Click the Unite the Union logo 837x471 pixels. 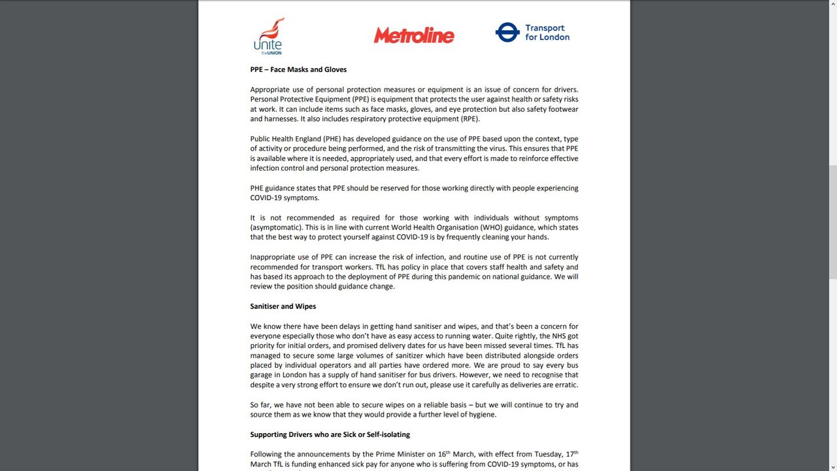pyautogui.click(x=268, y=36)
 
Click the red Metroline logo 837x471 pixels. pyautogui.click(x=413, y=35)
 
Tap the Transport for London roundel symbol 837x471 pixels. pyautogui.click(x=507, y=32)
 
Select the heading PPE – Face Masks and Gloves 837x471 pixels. pyautogui.click(x=298, y=69)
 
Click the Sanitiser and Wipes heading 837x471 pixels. pyautogui.click(x=282, y=306)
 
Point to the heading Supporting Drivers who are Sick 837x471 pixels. pyautogui.click(x=330, y=434)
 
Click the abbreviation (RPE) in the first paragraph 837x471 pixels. pyautogui.click(x=468, y=119)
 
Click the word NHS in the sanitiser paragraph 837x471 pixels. pyautogui.click(x=554, y=336)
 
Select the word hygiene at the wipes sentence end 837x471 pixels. pyautogui.click(x=481, y=415)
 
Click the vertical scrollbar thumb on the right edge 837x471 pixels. pyautogui.click(x=832, y=222)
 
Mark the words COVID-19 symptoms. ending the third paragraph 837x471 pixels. pyautogui.click(x=284, y=198)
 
